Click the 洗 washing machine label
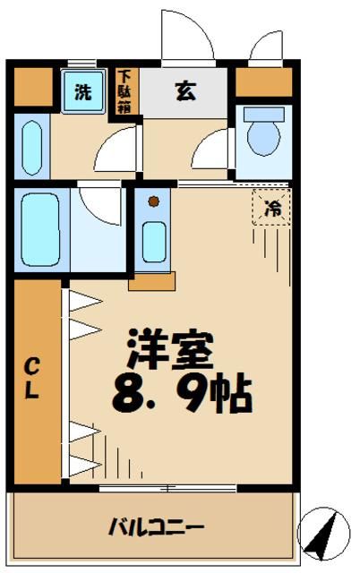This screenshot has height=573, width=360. coord(82,90)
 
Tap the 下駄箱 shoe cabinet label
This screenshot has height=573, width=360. coord(125,89)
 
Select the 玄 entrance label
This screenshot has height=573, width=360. coord(185,90)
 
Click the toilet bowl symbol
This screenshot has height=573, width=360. coord(263,135)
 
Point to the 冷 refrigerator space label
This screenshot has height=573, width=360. coord(271,210)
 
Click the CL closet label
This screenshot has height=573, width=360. coord(31,379)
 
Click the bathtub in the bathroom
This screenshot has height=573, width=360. coord(38,228)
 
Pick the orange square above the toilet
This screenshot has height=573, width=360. coord(263,82)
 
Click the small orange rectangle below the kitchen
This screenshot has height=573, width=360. coord(150,281)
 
